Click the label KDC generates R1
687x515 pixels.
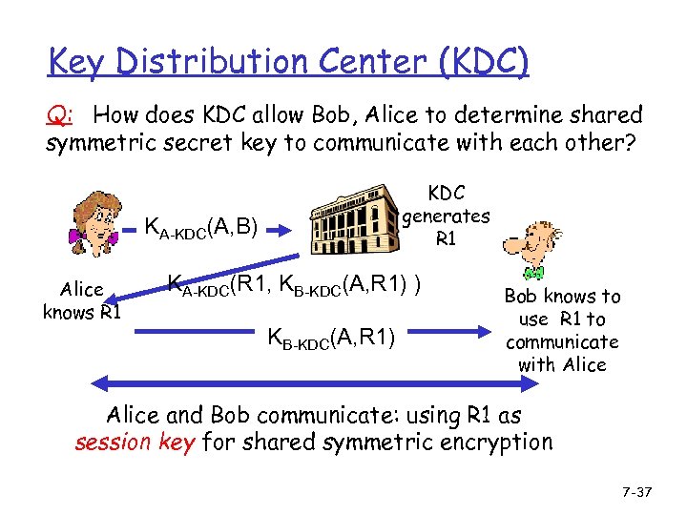point(446,216)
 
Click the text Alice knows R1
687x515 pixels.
point(81,301)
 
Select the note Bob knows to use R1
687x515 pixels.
point(562,330)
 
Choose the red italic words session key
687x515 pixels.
point(134,443)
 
